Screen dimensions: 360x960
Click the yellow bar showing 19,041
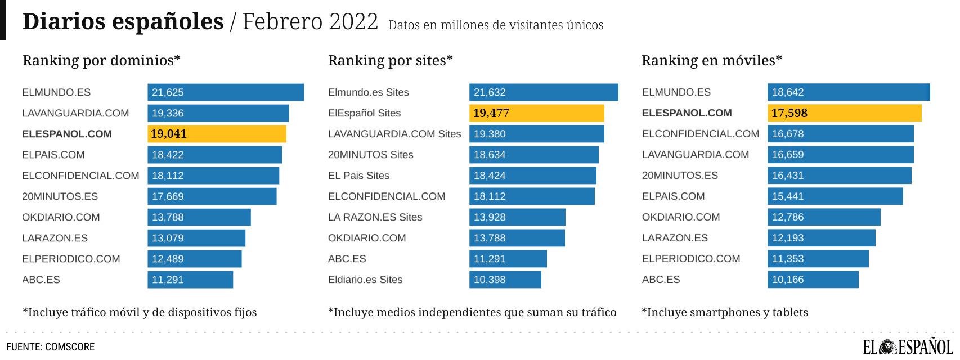(x=217, y=134)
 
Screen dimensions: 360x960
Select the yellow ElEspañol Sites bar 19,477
(x=536, y=113)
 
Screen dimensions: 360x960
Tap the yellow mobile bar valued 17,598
(x=844, y=113)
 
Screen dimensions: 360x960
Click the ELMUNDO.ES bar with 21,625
(x=225, y=92)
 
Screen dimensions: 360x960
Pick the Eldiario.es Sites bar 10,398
(x=505, y=280)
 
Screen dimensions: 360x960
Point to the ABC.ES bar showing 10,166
(x=813, y=280)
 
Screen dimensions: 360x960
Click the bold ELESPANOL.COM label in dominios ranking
(x=67, y=134)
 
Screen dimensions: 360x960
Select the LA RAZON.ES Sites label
(x=375, y=217)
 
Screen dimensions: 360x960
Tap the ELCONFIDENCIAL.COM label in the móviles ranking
(x=701, y=134)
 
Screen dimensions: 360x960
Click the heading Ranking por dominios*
(x=101, y=60)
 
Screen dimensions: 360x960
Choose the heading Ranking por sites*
(x=390, y=60)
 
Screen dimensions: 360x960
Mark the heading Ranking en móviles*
(x=711, y=60)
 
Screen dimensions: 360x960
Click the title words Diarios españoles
(x=123, y=21)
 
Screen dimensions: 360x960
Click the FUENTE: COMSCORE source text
(x=50, y=347)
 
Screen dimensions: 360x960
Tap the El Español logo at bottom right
(x=908, y=347)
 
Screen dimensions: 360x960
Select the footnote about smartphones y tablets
(x=724, y=312)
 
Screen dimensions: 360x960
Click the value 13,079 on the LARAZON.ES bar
(x=168, y=238)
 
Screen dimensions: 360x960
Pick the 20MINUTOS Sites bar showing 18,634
(x=533, y=155)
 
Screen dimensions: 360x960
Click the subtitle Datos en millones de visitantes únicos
(x=495, y=25)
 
